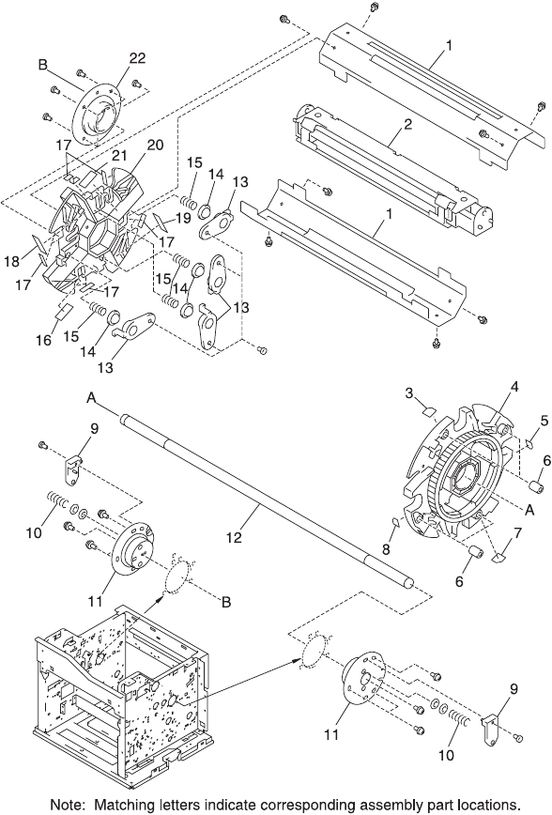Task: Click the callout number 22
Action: [137, 58]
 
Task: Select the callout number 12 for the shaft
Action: [235, 537]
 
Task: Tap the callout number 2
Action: [408, 125]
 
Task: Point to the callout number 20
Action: [155, 145]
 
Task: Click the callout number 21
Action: [119, 156]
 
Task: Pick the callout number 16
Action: [44, 340]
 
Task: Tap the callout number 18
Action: [12, 261]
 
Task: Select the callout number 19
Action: [182, 218]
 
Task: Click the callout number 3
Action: [409, 393]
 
